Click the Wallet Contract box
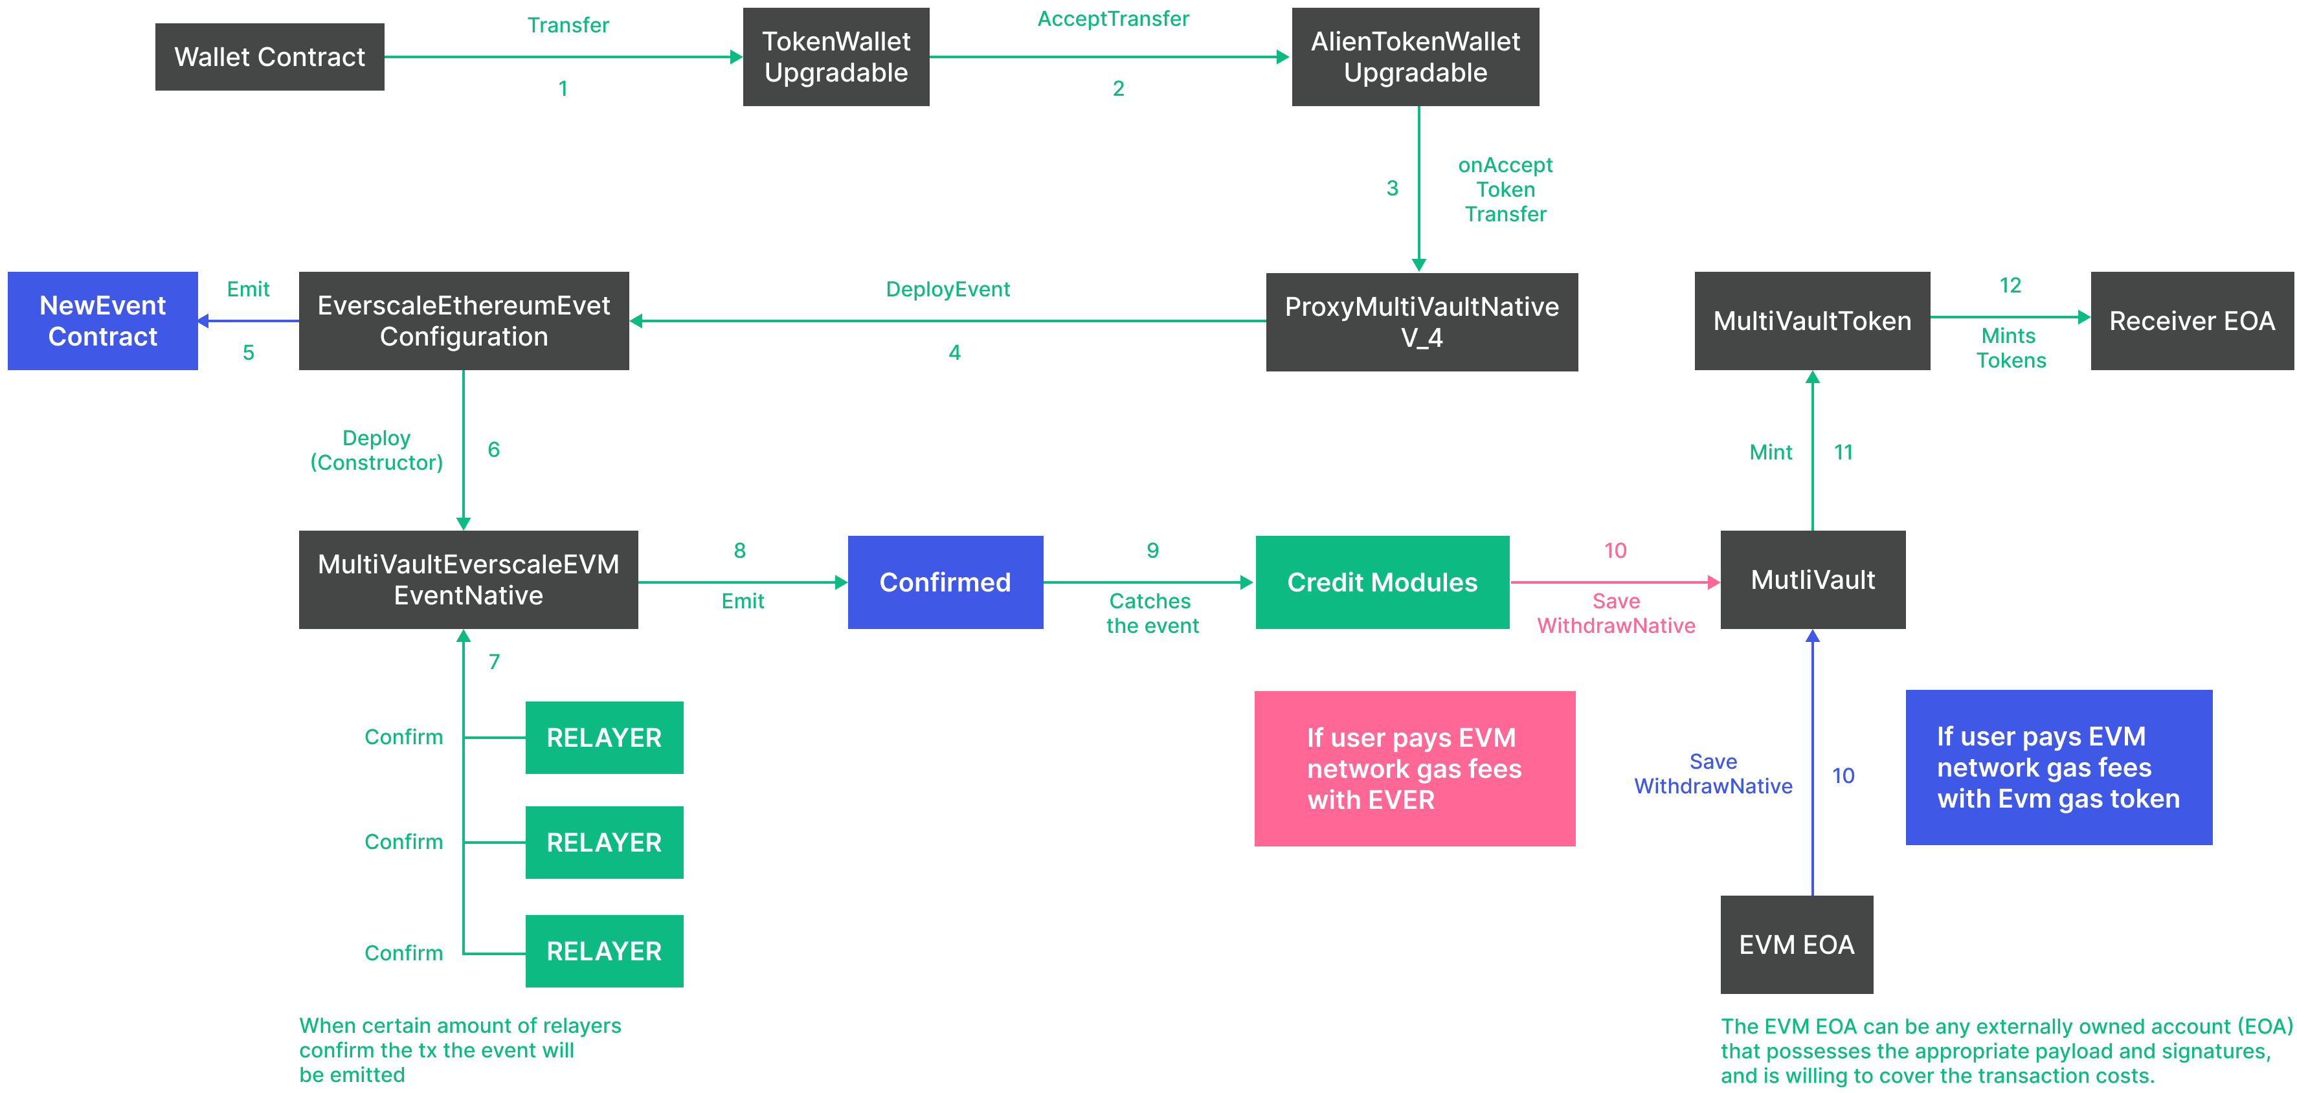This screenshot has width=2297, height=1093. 269,57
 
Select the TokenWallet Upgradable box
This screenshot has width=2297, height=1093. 836,57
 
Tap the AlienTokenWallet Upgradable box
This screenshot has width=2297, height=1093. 1415,57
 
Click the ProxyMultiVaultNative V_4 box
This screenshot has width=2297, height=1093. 1421,322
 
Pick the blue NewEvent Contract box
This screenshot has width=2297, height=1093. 102,321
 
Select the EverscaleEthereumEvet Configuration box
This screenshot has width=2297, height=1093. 464,321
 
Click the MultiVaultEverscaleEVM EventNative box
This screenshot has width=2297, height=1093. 468,579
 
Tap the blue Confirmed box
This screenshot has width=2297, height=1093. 945,582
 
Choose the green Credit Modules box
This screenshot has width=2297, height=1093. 1382,582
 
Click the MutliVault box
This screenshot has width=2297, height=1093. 1813,579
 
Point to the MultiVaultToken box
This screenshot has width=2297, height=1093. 1812,321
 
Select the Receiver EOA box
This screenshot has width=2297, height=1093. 2191,321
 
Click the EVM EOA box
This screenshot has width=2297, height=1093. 1797,944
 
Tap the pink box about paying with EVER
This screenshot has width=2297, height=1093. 1414,769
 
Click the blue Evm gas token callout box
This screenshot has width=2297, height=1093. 2058,767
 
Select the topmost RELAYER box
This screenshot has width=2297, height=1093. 603,737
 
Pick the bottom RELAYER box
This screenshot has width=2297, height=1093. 603,951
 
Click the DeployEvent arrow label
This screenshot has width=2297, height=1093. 947,289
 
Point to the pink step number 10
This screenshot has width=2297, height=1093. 1615,550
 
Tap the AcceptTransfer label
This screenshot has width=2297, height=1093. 1113,19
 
